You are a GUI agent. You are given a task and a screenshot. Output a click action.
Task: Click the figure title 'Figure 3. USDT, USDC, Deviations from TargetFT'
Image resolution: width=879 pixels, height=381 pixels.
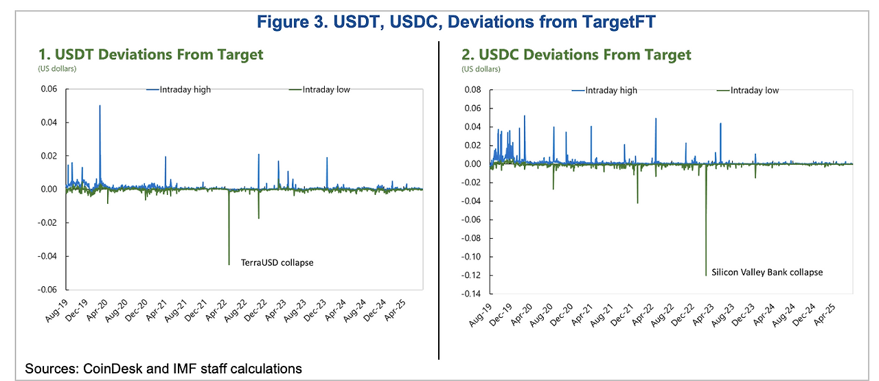point(456,22)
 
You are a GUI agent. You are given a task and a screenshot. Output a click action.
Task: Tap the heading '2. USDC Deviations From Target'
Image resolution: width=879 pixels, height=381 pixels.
point(577,54)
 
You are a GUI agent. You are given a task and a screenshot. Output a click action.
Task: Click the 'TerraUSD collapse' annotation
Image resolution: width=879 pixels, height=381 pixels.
point(277,262)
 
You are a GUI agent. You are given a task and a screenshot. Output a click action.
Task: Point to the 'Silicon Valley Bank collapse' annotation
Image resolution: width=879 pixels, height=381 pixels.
point(767,272)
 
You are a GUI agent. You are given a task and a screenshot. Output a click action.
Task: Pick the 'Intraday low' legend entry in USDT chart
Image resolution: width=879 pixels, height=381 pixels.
point(320,89)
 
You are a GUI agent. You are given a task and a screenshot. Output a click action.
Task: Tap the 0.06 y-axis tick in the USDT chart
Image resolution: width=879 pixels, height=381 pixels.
point(50,89)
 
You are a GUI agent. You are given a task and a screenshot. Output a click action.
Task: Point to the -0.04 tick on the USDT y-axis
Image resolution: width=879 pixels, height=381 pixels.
point(49,256)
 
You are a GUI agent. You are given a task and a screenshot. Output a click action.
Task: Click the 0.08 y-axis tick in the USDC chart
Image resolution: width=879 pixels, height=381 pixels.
point(474,90)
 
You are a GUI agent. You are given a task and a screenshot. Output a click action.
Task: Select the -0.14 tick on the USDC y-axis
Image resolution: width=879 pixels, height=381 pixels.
point(472,294)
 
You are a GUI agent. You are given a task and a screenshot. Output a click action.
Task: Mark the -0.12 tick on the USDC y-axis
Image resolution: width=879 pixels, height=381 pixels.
point(472,275)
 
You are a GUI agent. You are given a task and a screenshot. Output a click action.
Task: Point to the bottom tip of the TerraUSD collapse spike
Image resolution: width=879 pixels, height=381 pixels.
point(229,264)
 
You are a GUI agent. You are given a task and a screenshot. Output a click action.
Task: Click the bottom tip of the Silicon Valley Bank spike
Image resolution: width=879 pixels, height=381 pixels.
point(706,275)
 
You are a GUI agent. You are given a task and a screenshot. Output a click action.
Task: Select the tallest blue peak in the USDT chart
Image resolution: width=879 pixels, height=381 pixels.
point(100,106)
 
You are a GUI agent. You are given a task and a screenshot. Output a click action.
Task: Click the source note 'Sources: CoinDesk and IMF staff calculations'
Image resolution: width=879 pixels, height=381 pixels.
point(163,369)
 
